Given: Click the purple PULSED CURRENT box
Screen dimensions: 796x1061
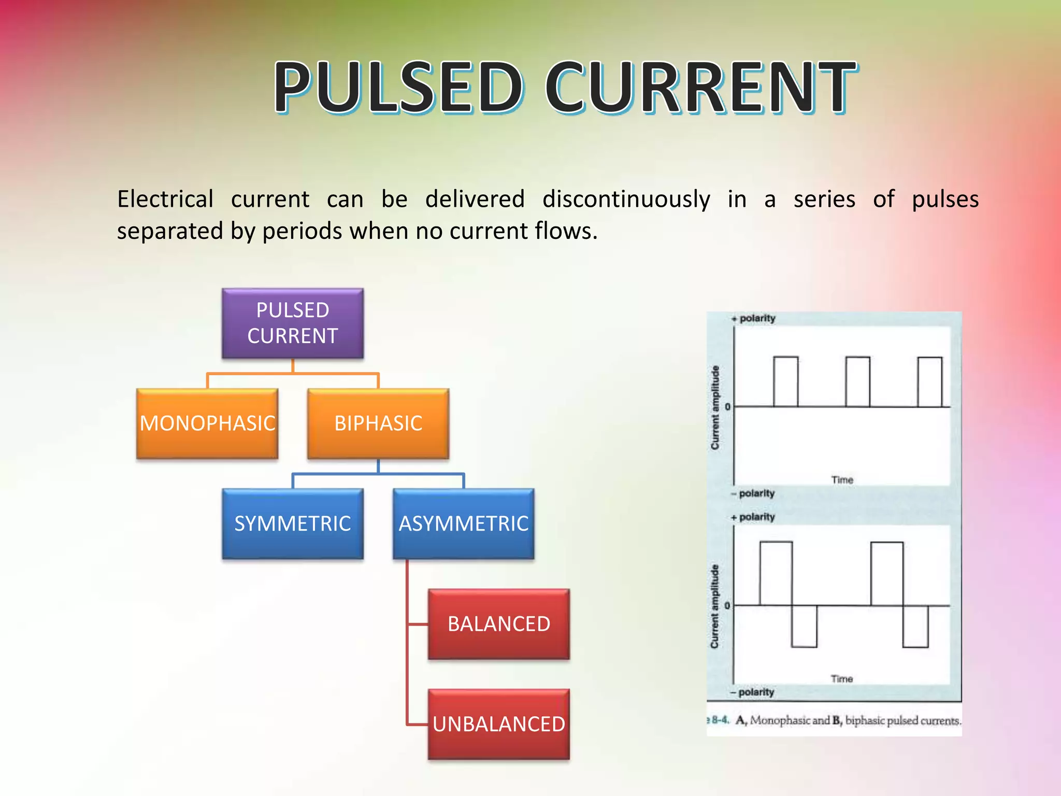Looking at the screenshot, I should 293,323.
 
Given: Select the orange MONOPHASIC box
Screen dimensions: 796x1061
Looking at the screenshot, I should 207,423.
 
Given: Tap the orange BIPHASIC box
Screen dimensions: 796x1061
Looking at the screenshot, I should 378,423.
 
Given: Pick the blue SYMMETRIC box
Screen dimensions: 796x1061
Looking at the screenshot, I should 293,523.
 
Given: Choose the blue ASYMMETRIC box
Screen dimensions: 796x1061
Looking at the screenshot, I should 464,523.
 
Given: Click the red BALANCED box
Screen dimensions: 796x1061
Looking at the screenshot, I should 499,624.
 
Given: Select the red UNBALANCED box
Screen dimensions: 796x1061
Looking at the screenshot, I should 499,724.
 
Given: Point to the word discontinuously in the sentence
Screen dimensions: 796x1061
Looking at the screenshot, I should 626,200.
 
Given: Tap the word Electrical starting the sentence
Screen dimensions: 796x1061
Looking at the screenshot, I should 165,200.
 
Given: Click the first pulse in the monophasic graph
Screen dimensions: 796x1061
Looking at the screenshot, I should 785,381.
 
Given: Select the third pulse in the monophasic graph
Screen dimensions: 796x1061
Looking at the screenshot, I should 929,381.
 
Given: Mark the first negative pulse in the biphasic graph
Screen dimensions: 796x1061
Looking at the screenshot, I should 804,626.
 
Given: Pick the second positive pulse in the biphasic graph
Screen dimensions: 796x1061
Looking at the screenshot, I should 887,573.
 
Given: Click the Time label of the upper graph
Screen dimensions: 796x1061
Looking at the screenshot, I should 842,480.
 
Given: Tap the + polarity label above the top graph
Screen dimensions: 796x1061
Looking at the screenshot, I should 754,318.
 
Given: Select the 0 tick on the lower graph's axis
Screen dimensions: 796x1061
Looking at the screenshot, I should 727,605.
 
